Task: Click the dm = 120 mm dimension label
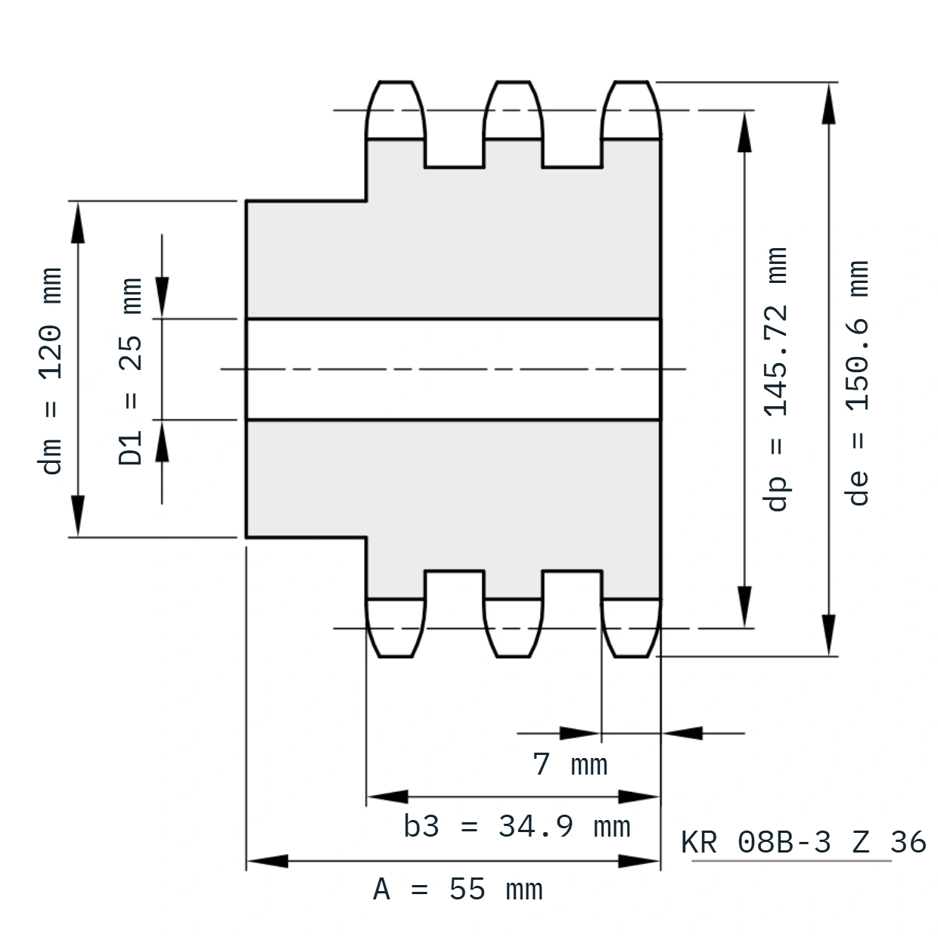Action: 50,371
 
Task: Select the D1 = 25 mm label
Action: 130,371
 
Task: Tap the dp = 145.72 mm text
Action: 776,379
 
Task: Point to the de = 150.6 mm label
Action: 857,383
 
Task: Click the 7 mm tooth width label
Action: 570,765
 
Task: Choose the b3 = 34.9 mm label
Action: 517,827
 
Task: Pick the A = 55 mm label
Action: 458,890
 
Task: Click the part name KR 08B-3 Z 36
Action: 803,842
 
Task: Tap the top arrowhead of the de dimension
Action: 828,103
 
